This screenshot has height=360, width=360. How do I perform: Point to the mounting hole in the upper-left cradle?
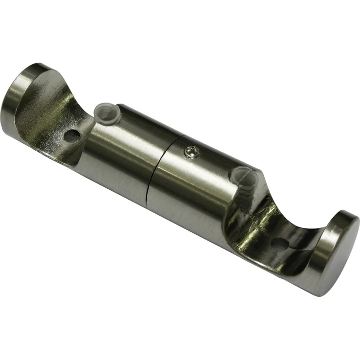coord(71,135)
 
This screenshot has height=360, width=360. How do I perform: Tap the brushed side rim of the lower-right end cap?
coord(318,264)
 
